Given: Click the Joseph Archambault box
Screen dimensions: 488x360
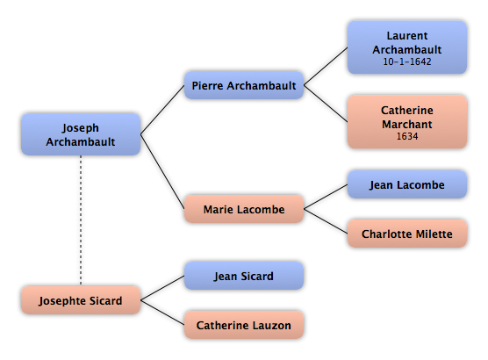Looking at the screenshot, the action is pos(81,134).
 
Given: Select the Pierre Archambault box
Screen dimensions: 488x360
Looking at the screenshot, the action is pos(244,85).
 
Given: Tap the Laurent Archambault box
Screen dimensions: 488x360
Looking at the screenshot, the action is pos(407,47).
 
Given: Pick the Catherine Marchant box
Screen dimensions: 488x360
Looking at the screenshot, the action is pos(407,122).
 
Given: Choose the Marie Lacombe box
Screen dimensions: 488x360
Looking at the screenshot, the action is pos(244,209).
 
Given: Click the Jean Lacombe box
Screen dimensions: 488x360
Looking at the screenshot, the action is pos(407,184).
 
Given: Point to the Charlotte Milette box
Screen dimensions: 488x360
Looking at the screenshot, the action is pos(407,234).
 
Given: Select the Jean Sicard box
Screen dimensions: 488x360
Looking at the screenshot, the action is pos(244,276).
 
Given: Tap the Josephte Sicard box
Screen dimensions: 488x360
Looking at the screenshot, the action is pos(81,300).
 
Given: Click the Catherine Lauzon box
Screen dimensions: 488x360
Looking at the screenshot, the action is pos(244,325).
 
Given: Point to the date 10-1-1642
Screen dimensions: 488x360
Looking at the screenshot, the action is pos(407,61).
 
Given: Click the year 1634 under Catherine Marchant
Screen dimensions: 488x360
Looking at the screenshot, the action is pos(407,136).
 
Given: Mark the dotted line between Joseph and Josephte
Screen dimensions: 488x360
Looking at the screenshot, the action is pos(81,220).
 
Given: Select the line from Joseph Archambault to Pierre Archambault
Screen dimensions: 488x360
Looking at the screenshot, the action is pos(162,110).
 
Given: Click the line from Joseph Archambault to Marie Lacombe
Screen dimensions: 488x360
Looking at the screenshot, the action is pos(162,171).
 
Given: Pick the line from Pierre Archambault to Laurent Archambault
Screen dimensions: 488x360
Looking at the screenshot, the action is pos(326,67).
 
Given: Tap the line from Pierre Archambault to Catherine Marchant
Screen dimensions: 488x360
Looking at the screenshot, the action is pos(326,104).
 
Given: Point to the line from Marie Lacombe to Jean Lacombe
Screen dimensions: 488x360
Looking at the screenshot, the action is pos(326,197).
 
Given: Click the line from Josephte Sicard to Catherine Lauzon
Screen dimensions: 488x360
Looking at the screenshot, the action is pos(162,313).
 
